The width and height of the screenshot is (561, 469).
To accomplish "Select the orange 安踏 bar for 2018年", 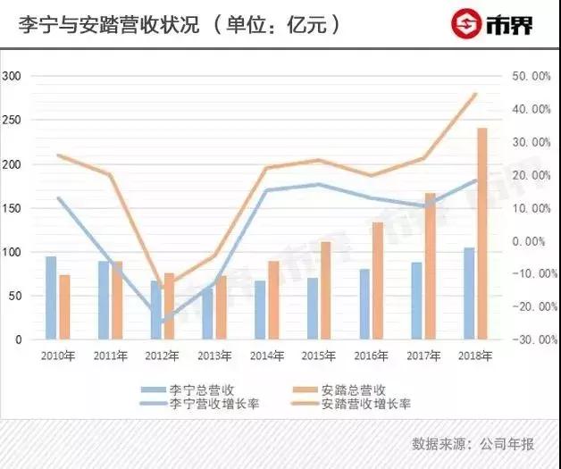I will [482, 234].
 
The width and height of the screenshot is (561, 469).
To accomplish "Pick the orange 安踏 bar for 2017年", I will [430, 266].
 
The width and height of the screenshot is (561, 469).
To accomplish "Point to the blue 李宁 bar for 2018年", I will [469, 294].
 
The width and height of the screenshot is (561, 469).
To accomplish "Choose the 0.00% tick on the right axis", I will [532, 241].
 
